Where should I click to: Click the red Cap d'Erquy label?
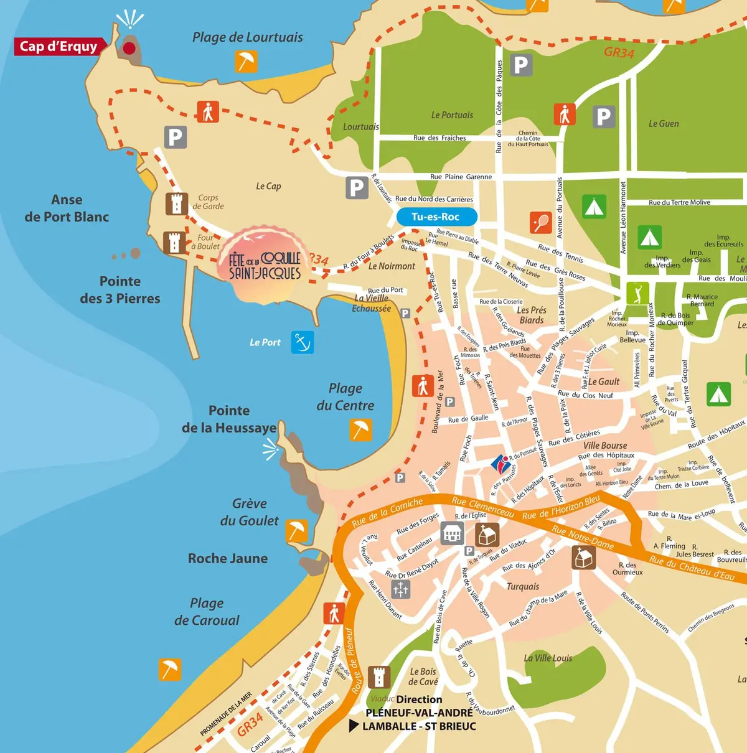[x=59, y=47]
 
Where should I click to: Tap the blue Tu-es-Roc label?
[x=436, y=217]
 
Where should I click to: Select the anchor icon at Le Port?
[x=303, y=342]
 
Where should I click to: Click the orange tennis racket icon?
[x=540, y=222]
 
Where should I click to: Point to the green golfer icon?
[x=637, y=293]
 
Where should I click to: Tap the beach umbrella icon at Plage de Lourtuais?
[x=246, y=62]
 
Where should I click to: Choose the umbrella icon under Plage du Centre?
[x=360, y=429]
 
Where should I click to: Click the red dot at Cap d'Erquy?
[x=129, y=47]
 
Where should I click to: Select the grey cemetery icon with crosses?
[x=400, y=589]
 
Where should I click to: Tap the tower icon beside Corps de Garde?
[x=176, y=203]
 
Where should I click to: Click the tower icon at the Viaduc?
[x=378, y=676]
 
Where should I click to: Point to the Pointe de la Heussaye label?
[x=229, y=419]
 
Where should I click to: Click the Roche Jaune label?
[x=228, y=559]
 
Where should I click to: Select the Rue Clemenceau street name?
[x=482, y=507]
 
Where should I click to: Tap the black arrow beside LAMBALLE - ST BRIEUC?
[x=354, y=726]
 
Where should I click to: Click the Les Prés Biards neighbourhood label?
[x=532, y=315]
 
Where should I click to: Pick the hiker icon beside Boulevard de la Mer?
[x=423, y=386]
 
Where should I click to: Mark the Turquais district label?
[x=523, y=586]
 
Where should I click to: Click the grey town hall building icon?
[x=452, y=533]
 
